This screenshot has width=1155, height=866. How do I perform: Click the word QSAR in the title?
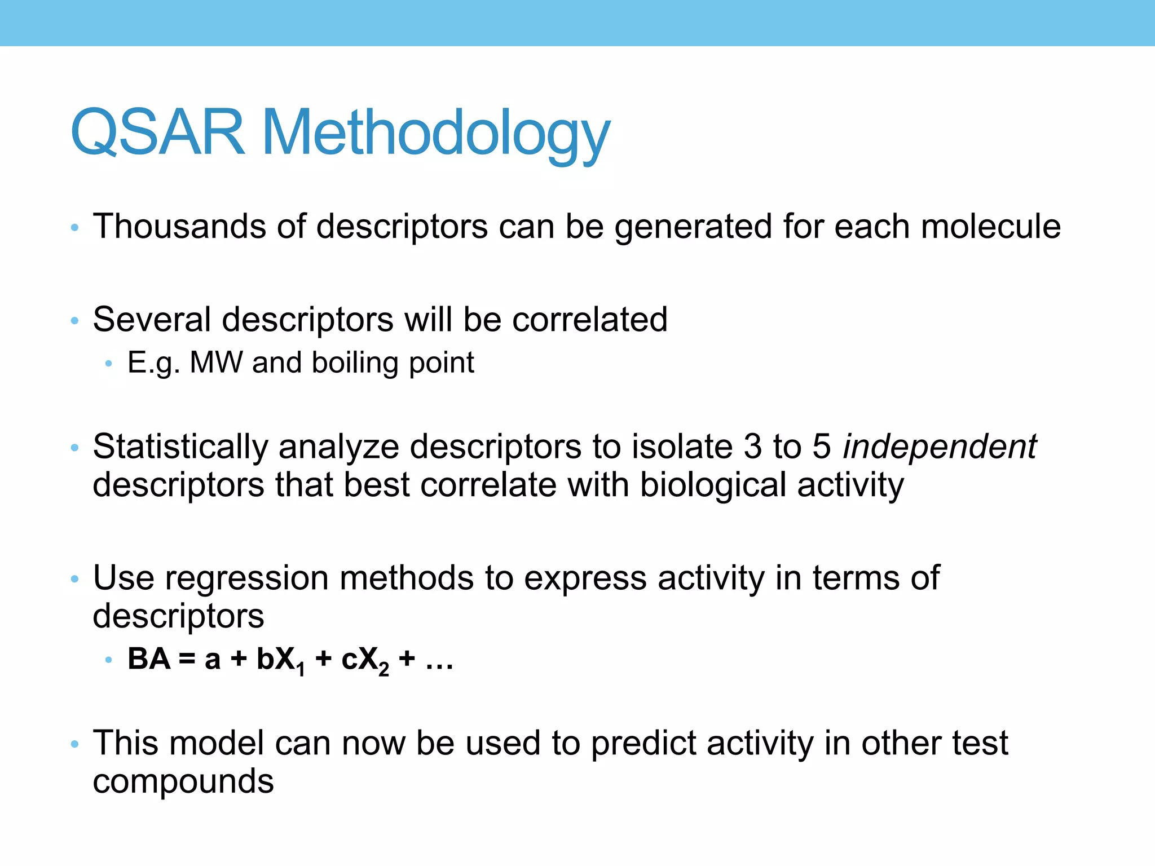pyautogui.click(x=158, y=132)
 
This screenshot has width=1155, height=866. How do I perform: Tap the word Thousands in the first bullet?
pyautogui.click(x=179, y=227)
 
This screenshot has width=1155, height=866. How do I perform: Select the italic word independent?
pyautogui.click(x=939, y=447)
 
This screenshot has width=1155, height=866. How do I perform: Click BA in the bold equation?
pyautogui.click(x=149, y=659)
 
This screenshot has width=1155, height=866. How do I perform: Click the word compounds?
pyautogui.click(x=183, y=783)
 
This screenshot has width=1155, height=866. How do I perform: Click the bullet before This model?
pyautogui.click(x=74, y=744)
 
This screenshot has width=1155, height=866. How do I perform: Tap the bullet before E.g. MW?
pyautogui.click(x=109, y=364)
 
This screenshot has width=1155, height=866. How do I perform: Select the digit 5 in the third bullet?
pyautogui.click(x=821, y=447)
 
